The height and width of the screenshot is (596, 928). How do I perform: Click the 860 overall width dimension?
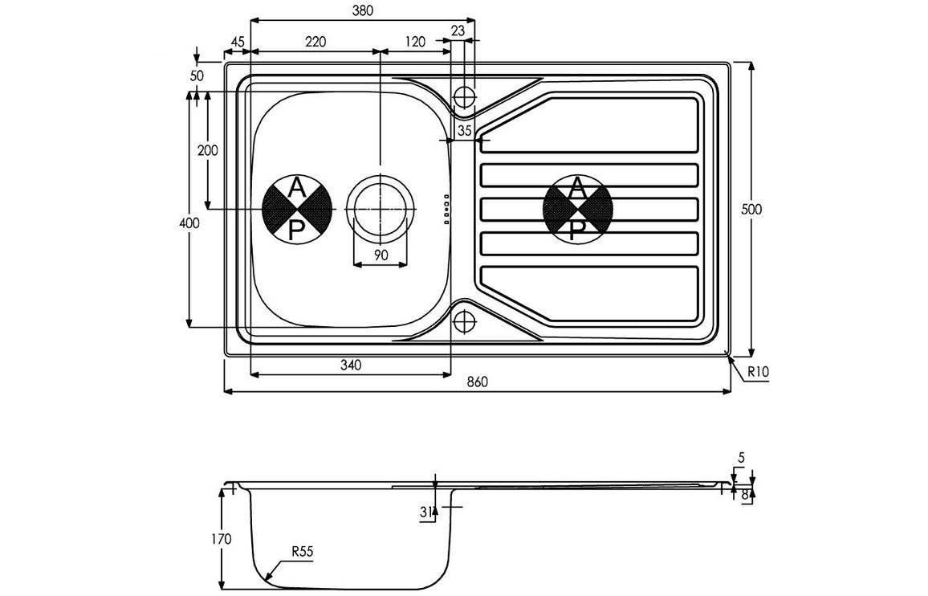[x=477, y=382]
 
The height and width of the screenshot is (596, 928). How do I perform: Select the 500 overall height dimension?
[x=751, y=209]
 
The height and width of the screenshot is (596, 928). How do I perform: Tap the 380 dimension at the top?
[x=362, y=10]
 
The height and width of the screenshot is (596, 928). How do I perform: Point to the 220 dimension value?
[x=315, y=43]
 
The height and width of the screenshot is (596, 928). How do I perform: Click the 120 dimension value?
[x=414, y=43]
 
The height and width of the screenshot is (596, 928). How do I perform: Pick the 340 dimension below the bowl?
[x=350, y=365]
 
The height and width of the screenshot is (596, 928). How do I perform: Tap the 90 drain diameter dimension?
[x=381, y=255]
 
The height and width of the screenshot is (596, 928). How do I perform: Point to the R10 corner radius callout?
[x=758, y=373]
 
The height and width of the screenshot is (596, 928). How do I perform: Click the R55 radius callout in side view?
[x=302, y=552]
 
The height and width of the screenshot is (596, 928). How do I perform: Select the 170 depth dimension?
[x=222, y=538]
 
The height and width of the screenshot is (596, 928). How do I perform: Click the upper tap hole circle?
[x=465, y=96]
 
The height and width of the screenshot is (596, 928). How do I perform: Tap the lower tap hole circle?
[x=465, y=321]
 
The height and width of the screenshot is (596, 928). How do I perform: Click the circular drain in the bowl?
[x=381, y=208]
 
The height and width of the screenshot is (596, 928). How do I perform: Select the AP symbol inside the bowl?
[x=296, y=209]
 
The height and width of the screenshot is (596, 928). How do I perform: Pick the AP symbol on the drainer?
[x=577, y=209]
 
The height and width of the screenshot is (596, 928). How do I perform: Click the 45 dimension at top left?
[x=237, y=43]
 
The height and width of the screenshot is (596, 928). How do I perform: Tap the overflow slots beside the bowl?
[x=446, y=208]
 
